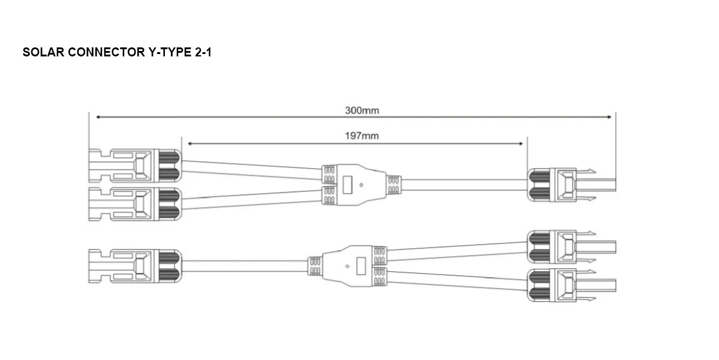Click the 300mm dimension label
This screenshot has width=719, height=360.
coord(362,110)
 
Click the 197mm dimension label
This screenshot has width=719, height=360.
coord(362,136)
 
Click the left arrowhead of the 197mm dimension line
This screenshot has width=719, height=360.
coord(190,144)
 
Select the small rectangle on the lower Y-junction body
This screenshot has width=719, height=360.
coord(361,265)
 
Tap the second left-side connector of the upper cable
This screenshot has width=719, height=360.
coord(134,204)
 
